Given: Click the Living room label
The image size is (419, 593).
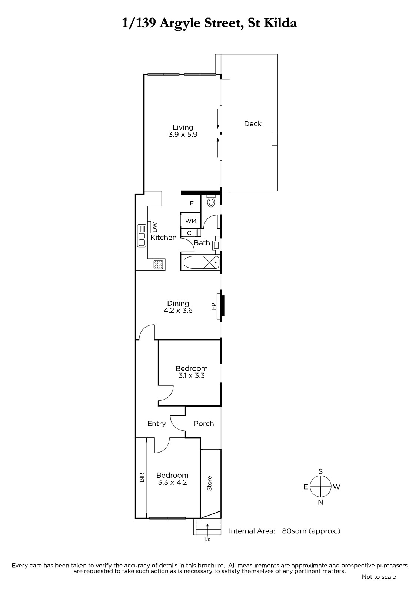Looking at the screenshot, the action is click(x=183, y=127).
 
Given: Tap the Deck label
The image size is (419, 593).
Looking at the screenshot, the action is click(x=253, y=124).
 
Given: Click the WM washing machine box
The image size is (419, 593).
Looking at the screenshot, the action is click(x=190, y=221).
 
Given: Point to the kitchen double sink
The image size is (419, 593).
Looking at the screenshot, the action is click(x=142, y=236).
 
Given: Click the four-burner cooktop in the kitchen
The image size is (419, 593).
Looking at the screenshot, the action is click(x=158, y=264).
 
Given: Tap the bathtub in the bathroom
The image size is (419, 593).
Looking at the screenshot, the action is click(x=201, y=263).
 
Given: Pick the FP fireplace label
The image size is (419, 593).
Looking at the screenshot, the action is click(x=214, y=306).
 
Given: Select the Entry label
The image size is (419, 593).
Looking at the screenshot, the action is click(x=156, y=424).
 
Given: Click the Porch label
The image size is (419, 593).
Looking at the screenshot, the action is click(x=203, y=424).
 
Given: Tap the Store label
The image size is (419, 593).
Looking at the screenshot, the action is click(x=209, y=483).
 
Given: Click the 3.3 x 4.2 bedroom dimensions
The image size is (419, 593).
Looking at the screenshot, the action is click(x=172, y=482).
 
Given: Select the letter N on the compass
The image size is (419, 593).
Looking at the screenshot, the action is click(x=320, y=502).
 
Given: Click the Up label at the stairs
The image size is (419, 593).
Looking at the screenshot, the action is click(x=207, y=539).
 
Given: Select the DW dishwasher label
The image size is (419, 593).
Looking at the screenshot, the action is click(x=155, y=226).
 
